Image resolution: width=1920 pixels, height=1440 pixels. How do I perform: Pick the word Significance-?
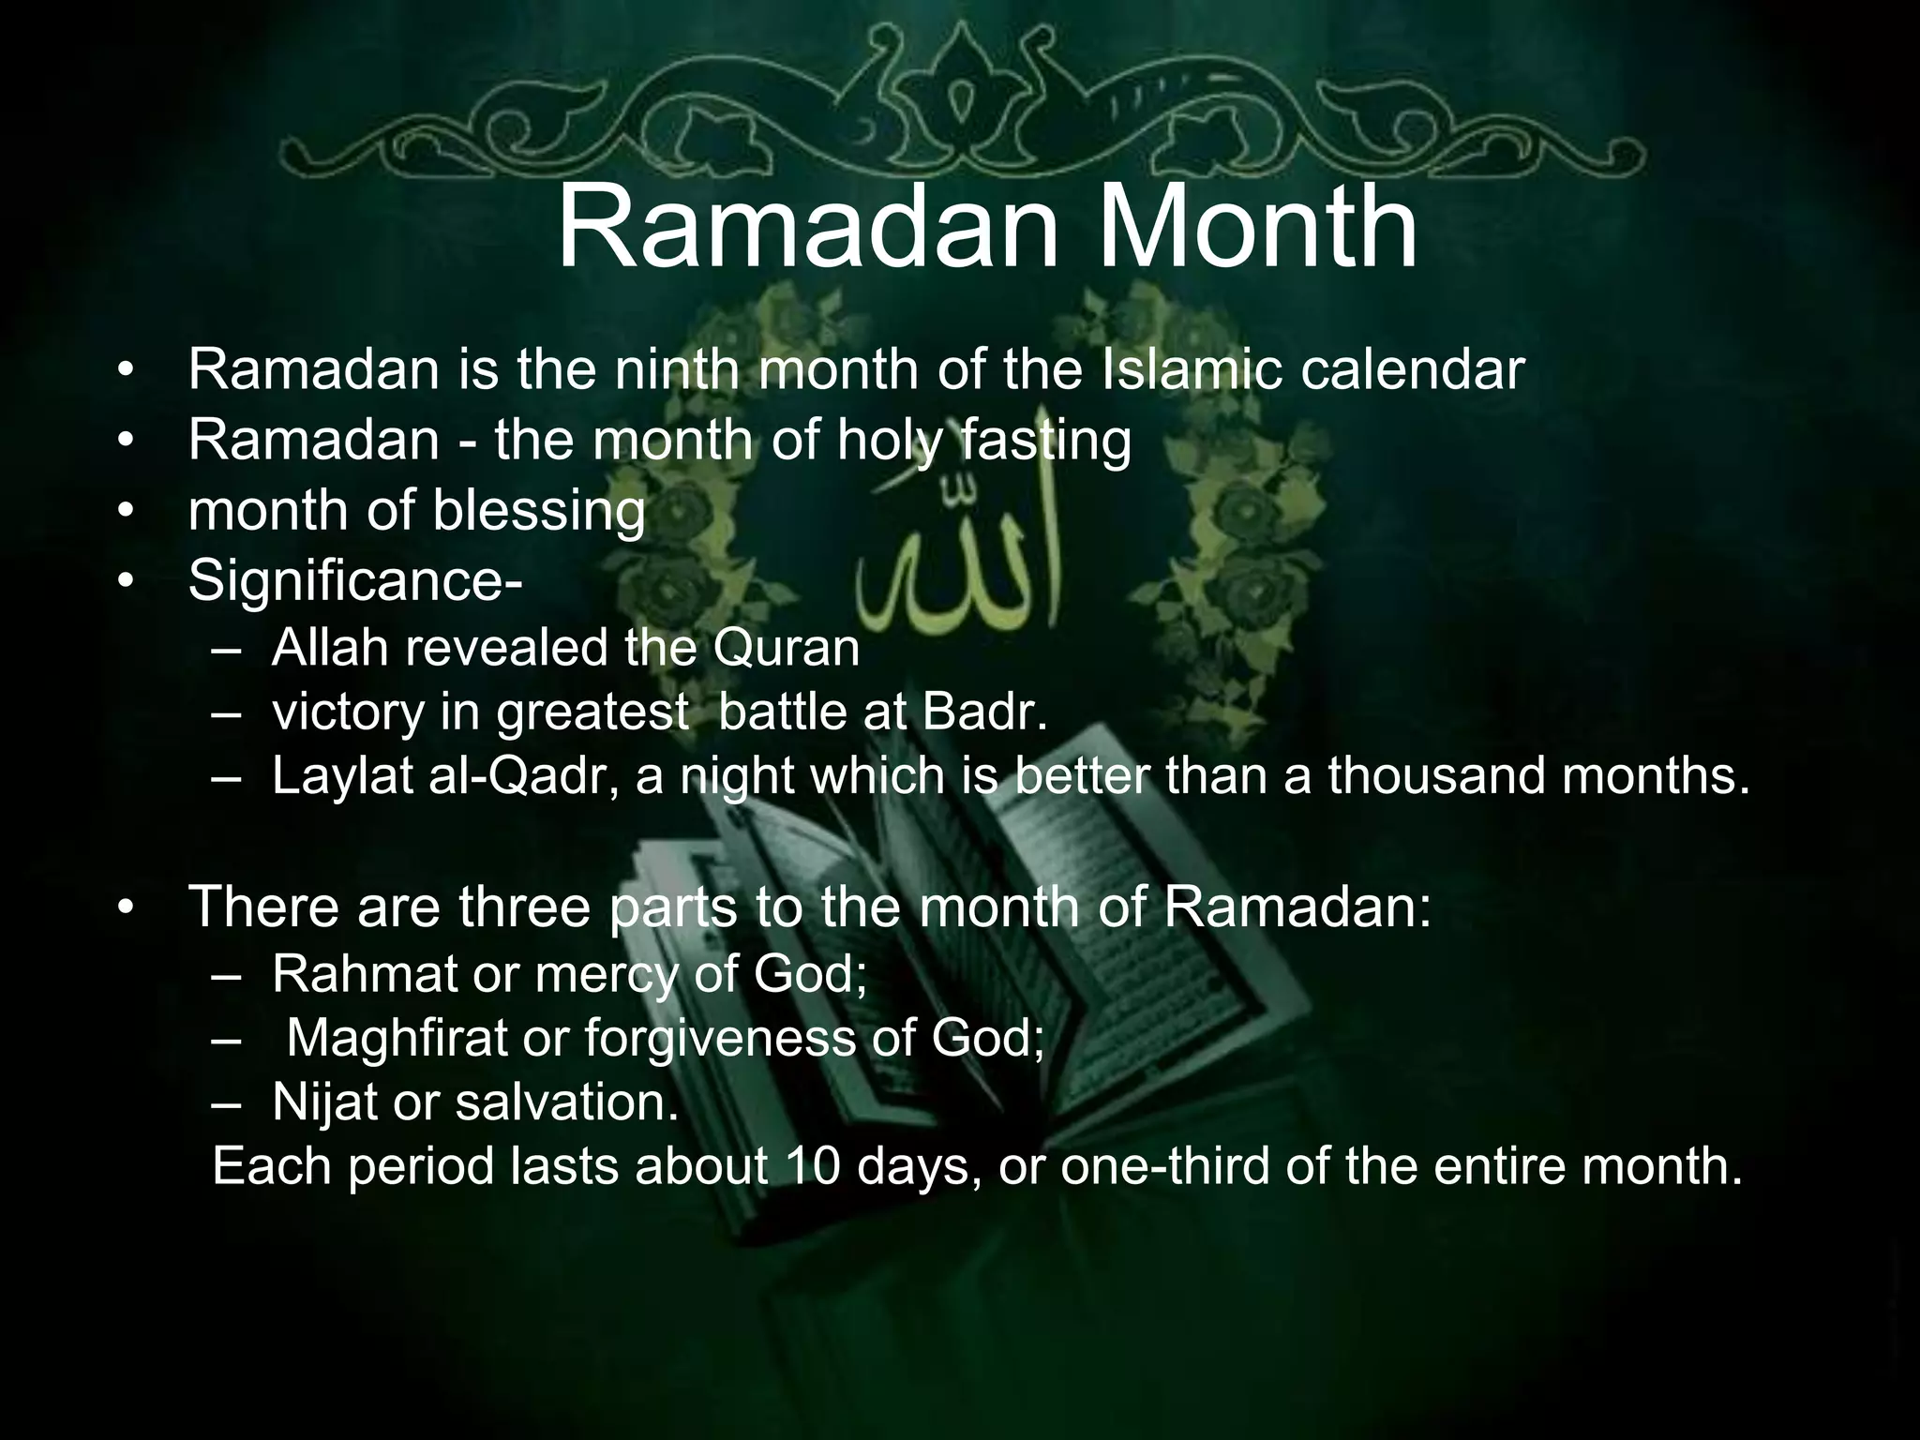(355, 581)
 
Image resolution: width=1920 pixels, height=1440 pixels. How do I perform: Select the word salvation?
(566, 1102)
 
